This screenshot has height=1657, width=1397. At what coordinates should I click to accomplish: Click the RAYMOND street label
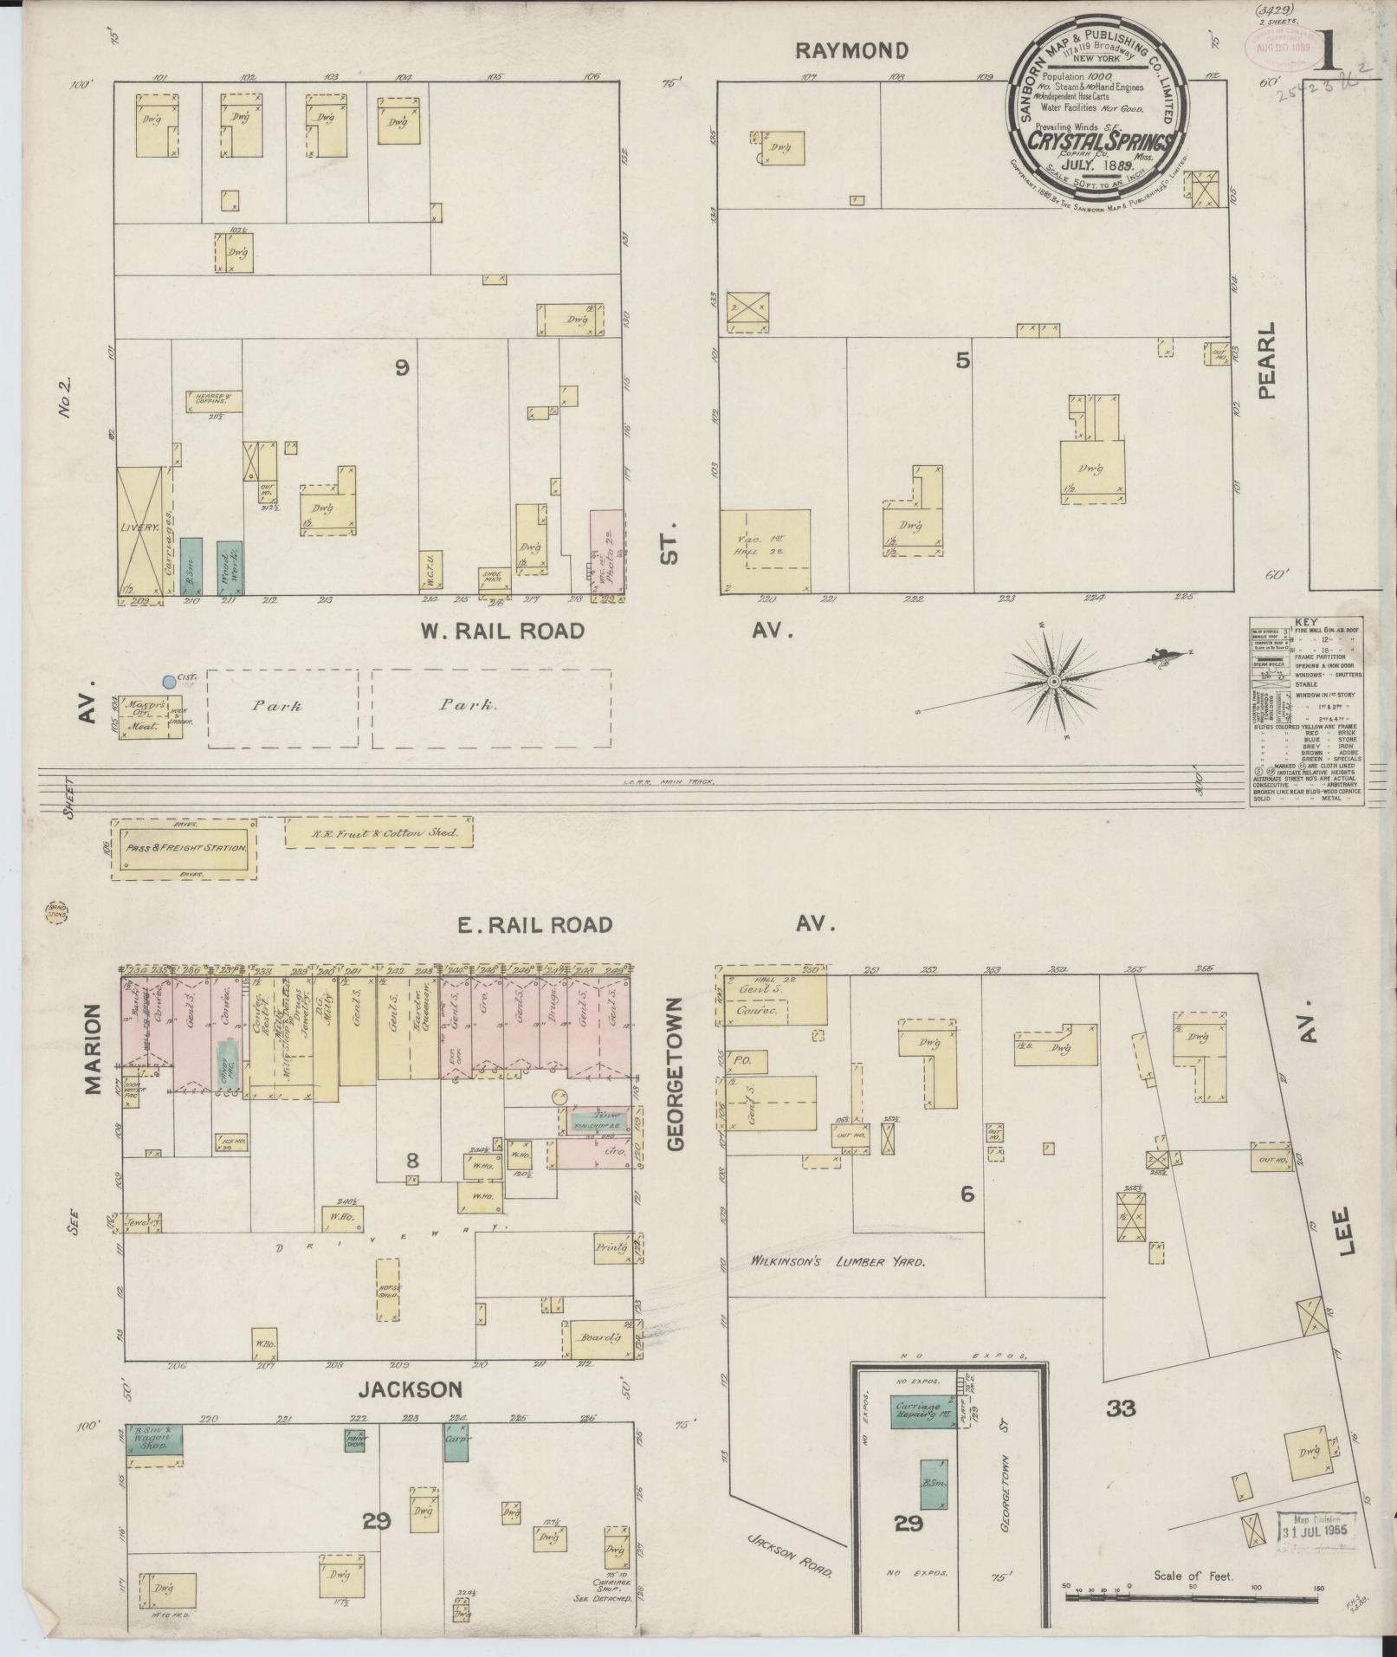pyautogui.click(x=851, y=50)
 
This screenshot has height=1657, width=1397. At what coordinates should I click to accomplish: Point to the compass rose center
pyautogui.click(x=1053, y=683)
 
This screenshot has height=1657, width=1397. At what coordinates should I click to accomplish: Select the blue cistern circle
pyautogui.click(x=170, y=682)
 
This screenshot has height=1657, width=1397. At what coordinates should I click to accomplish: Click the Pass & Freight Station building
pyautogui.click(x=184, y=848)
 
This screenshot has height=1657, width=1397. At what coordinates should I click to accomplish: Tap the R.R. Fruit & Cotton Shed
pyautogui.click(x=379, y=832)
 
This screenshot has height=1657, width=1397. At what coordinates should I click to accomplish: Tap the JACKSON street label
pyautogui.click(x=411, y=1389)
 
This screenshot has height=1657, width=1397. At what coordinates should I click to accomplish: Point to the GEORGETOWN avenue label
pyautogui.click(x=676, y=1074)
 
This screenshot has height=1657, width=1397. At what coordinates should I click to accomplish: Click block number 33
pyautogui.click(x=1121, y=1408)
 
